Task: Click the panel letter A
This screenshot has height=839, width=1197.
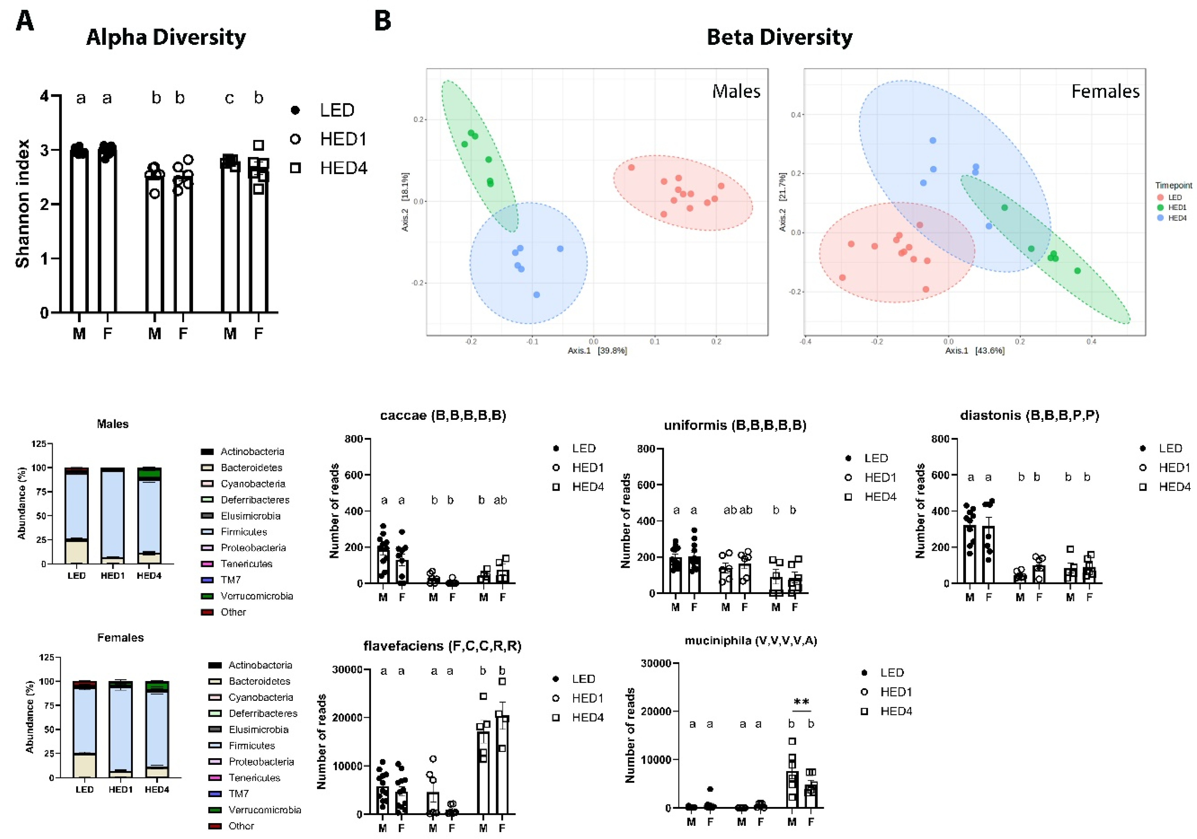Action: (25, 21)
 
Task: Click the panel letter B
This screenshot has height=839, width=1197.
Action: (383, 21)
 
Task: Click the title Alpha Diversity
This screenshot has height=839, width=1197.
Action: (166, 38)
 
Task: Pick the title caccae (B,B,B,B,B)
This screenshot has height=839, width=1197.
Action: (443, 415)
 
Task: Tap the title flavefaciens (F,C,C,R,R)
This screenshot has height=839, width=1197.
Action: (442, 646)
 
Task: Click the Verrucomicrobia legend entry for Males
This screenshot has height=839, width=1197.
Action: (256, 596)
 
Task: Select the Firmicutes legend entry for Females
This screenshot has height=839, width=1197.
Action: (252, 745)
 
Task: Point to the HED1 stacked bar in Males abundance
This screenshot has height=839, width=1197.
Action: (113, 516)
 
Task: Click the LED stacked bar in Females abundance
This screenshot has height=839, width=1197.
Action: (84, 730)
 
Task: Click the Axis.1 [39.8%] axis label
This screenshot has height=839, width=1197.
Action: (597, 350)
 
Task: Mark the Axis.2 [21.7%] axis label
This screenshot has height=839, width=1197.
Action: (782, 202)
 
